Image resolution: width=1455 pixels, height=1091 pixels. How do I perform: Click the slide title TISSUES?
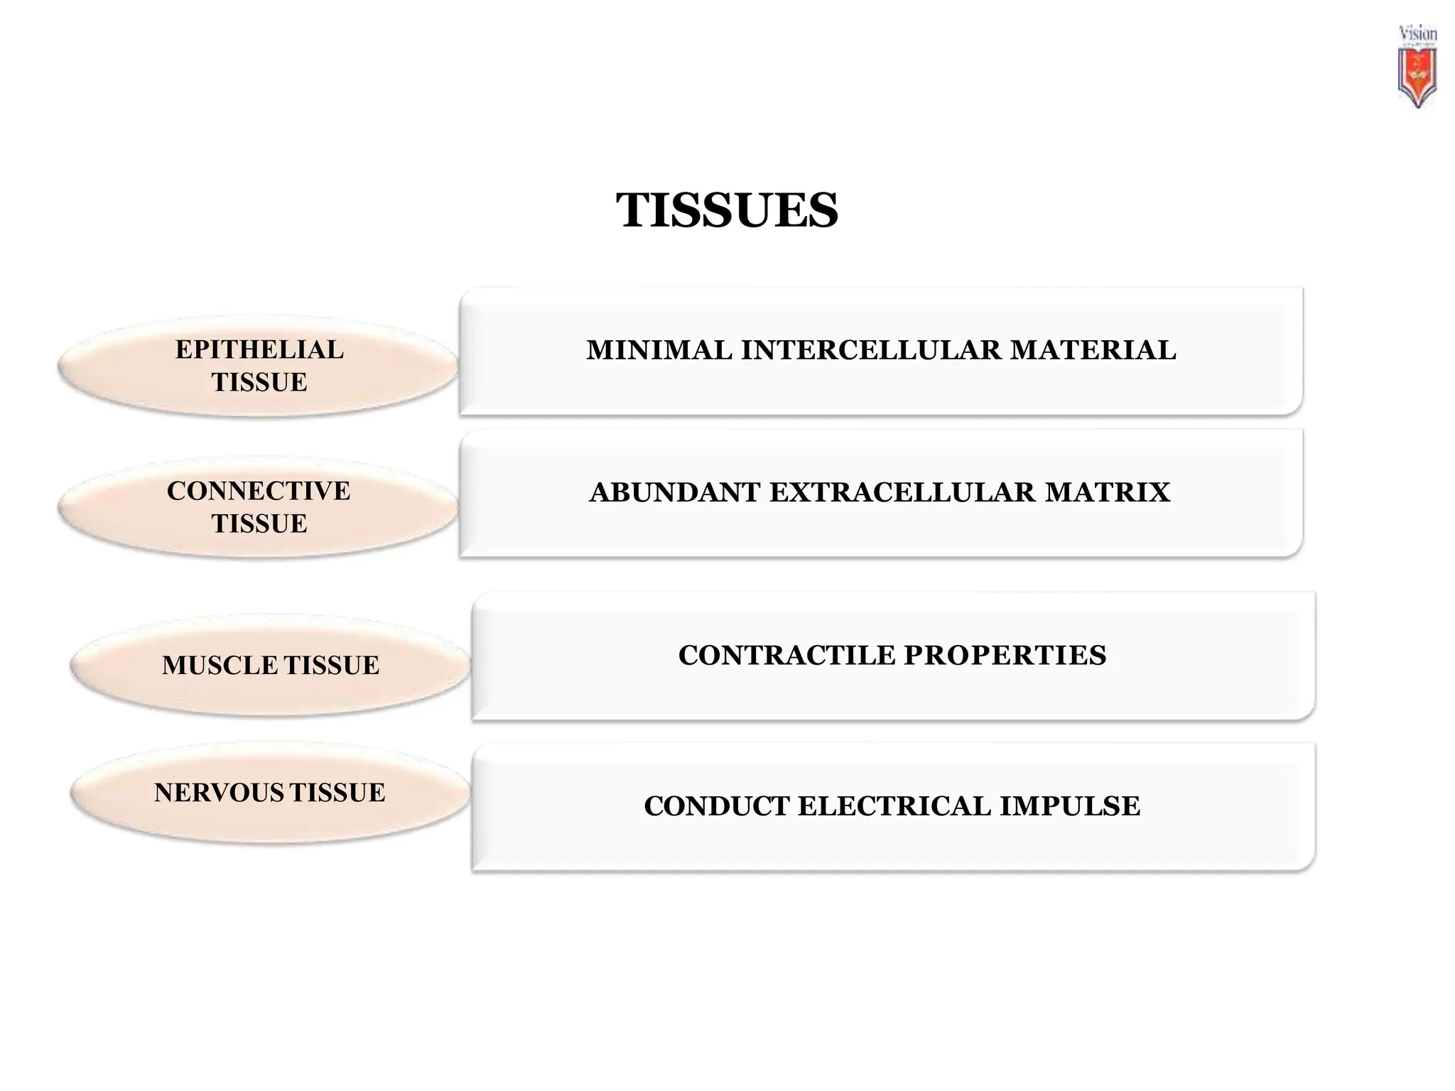coord(727,210)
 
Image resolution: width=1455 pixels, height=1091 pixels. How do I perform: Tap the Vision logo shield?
coord(1417,77)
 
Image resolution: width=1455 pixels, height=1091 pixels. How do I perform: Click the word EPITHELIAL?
coord(259,349)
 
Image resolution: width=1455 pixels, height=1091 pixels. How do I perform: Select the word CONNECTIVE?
coord(259,491)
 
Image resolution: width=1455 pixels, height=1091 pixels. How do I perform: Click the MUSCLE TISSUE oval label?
coord(270,666)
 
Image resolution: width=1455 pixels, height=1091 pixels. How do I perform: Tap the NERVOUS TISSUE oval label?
coord(270,793)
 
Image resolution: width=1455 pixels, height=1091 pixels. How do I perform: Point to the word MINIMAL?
coord(659,350)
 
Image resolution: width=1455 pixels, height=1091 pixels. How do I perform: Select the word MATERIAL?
coord(1093,350)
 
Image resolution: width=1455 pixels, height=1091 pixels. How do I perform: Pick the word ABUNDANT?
coord(674,492)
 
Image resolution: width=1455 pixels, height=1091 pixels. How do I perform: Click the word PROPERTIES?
coord(1005,655)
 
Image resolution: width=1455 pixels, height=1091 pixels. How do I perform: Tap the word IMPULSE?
coord(1069,806)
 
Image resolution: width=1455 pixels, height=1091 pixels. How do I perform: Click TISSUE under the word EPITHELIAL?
coord(259,382)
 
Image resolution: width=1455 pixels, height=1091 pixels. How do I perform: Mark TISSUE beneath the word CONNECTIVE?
coord(259,523)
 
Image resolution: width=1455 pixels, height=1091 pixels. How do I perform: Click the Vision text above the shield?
coord(1417,33)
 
